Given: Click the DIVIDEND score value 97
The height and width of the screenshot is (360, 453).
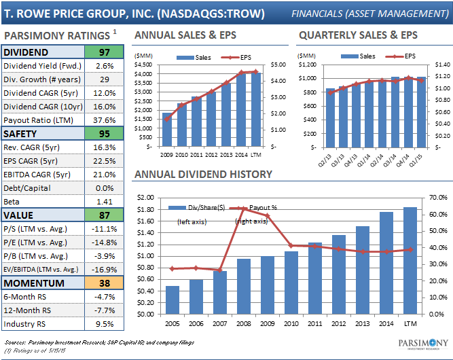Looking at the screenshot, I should (104, 52).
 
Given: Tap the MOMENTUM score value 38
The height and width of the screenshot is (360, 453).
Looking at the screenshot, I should (104, 283).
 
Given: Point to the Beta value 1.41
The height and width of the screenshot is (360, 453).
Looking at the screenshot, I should (104, 202).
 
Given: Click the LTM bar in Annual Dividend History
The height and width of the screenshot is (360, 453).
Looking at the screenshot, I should (410, 261).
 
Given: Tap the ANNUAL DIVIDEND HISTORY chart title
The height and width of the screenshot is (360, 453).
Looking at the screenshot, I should (204, 175).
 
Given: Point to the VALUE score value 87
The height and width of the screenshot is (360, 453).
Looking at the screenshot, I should (104, 215).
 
